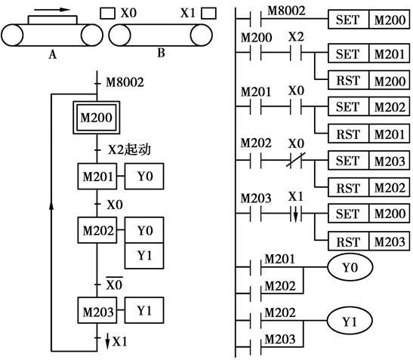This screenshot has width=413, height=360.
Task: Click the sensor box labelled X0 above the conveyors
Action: click(107, 13)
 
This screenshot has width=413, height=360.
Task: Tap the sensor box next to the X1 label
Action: click(208, 13)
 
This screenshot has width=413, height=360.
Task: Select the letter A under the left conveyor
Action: click(52, 54)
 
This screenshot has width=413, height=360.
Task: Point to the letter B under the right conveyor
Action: click(161, 53)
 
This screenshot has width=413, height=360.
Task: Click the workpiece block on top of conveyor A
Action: click(53, 20)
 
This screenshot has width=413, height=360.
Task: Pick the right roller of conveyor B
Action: click(202, 35)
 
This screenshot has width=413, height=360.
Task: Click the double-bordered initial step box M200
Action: click(97, 118)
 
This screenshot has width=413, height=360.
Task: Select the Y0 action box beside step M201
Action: click(144, 176)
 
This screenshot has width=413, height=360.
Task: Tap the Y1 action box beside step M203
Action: click(144, 310)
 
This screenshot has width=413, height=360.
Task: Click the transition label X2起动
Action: click(129, 149)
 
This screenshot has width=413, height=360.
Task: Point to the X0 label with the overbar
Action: click(114, 284)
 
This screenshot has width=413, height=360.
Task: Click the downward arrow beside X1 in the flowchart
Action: click(107, 341)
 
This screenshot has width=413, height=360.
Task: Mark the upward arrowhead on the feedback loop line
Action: click(51, 206)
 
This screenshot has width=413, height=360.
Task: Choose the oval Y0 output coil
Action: click(350, 267)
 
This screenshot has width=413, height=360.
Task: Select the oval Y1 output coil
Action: click(350, 321)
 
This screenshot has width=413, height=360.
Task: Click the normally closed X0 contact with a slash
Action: click(296, 160)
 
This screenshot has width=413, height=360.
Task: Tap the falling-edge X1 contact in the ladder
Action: click(296, 214)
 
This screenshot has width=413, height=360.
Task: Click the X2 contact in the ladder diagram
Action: click(296, 52)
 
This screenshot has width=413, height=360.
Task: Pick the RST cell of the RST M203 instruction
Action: click(348, 242)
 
